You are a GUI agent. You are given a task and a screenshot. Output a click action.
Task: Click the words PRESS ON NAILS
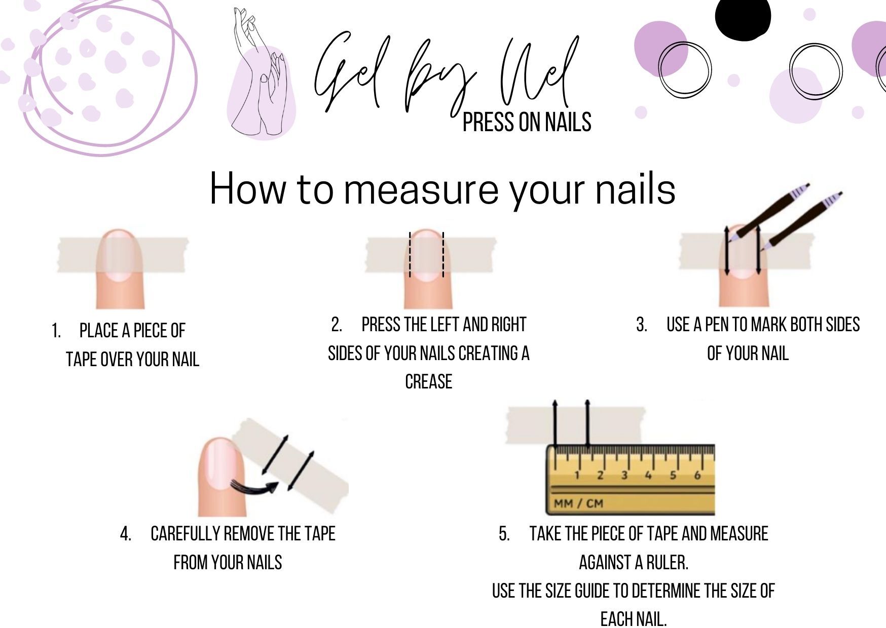527,122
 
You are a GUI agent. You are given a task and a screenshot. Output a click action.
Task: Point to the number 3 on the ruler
624,475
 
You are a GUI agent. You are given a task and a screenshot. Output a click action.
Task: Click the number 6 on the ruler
697,475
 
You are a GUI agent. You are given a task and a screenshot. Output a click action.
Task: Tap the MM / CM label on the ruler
578,503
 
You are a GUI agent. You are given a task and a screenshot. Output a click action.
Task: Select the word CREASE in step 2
428,381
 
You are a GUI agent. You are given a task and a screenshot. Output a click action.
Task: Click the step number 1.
56,331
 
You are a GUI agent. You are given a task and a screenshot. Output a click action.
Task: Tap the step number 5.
504,534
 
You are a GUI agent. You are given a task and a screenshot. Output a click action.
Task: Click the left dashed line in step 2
410,255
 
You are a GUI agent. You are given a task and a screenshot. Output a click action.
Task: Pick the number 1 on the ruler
576,475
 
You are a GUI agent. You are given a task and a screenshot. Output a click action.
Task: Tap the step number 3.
642,325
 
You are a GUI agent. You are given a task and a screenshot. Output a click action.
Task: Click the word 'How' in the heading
248,188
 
